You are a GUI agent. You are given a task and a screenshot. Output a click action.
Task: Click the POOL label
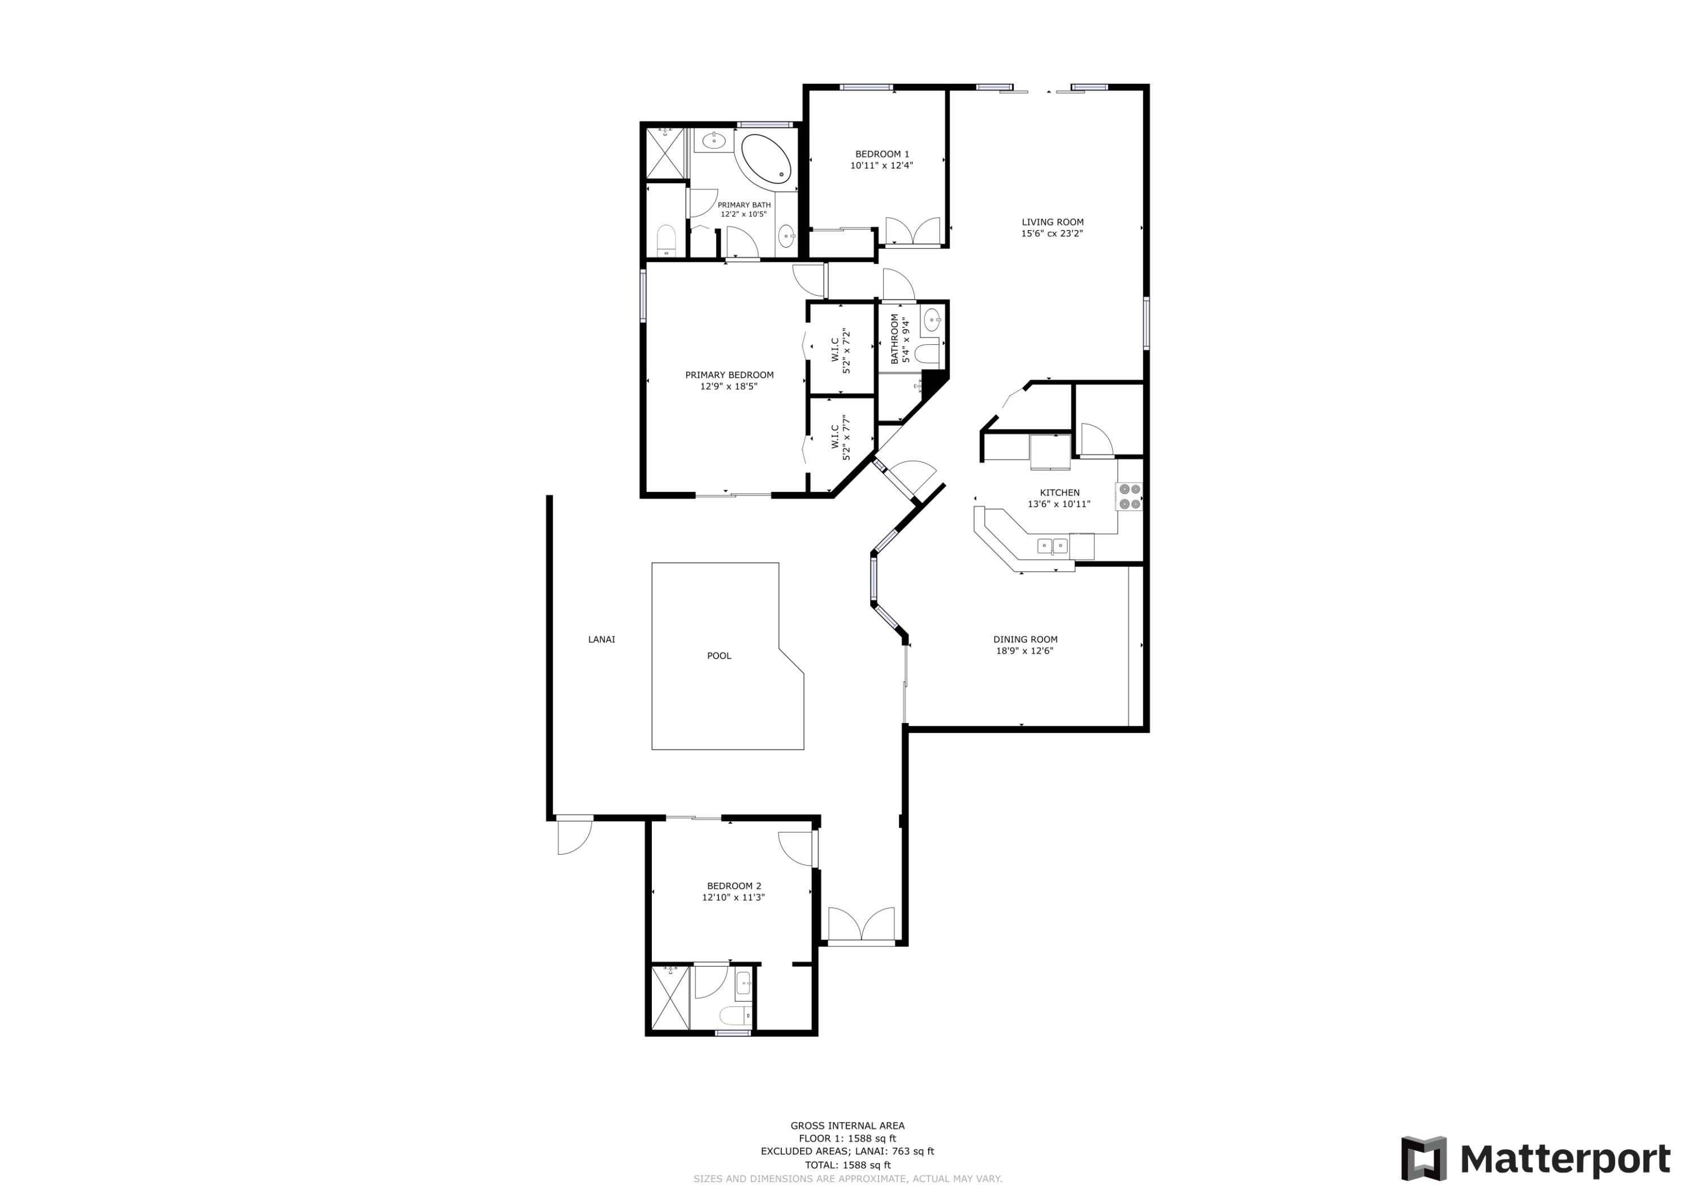click(x=719, y=656)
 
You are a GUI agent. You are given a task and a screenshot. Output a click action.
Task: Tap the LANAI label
click(x=602, y=640)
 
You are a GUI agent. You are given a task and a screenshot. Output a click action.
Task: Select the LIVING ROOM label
click(x=1052, y=222)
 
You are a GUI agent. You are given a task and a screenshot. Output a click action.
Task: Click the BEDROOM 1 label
click(x=882, y=154)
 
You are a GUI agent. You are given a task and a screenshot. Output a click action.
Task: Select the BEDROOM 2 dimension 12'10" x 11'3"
click(x=733, y=898)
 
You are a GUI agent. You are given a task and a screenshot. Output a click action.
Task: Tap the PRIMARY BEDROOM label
click(x=729, y=375)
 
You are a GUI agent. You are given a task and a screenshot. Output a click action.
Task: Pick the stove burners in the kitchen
click(x=1130, y=496)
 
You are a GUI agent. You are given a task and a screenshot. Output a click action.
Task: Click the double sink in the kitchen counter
click(x=1052, y=546)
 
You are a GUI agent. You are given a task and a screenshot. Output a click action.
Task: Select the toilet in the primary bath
click(x=667, y=241)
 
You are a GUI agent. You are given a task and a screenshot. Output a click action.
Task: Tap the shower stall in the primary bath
click(x=665, y=153)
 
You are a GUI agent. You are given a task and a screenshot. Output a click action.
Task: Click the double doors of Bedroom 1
click(x=912, y=231)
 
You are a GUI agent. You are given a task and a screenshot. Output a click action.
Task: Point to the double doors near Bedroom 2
click(x=862, y=925)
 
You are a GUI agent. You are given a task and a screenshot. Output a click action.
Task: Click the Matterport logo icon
click(x=1424, y=1158)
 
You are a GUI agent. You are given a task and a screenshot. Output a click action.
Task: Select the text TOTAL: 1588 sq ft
click(x=847, y=1165)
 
